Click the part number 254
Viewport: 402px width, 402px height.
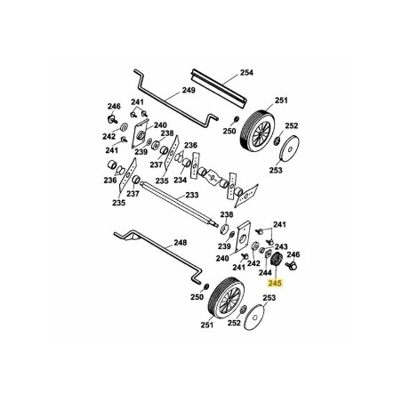point(245,72)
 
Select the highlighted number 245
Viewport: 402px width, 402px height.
point(274,284)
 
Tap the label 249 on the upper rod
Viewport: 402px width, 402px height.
point(189,91)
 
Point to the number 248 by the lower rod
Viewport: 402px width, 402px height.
point(181,242)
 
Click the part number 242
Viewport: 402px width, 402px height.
point(108,136)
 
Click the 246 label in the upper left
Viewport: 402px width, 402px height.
point(113,105)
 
